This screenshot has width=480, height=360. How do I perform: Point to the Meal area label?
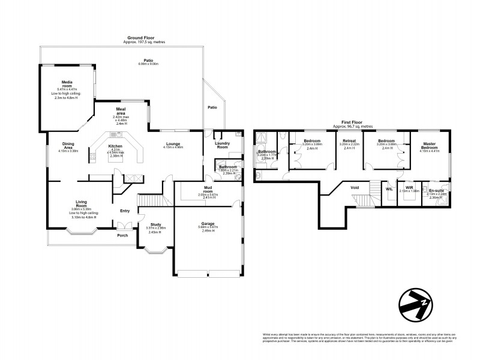[121, 110]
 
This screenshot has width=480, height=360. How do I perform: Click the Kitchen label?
[115, 146]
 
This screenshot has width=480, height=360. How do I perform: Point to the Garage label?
[209, 223]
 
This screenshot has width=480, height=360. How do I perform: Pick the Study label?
[155, 224]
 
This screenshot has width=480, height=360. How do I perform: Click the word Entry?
[125, 211]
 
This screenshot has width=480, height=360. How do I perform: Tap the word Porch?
[122, 235]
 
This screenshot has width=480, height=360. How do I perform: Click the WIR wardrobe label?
[409, 187]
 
